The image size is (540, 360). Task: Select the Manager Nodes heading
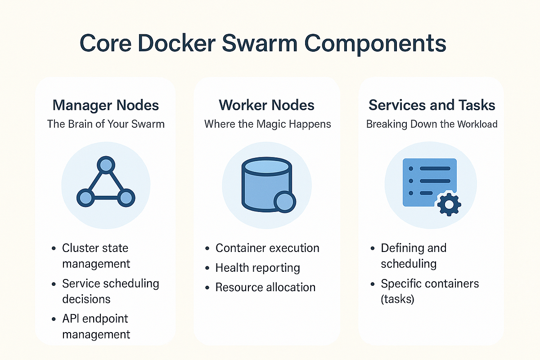pos(106,105)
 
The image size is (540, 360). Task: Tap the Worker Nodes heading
pos(267,105)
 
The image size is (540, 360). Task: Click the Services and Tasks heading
pos(432,105)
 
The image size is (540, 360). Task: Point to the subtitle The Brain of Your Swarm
pos(106,124)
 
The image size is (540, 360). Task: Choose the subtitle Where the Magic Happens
pos(267,124)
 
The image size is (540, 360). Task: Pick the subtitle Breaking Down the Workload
pos(432,124)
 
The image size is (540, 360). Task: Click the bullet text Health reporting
pos(257,268)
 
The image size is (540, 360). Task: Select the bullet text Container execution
pos(267,248)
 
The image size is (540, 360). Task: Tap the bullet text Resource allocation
pos(265,287)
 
